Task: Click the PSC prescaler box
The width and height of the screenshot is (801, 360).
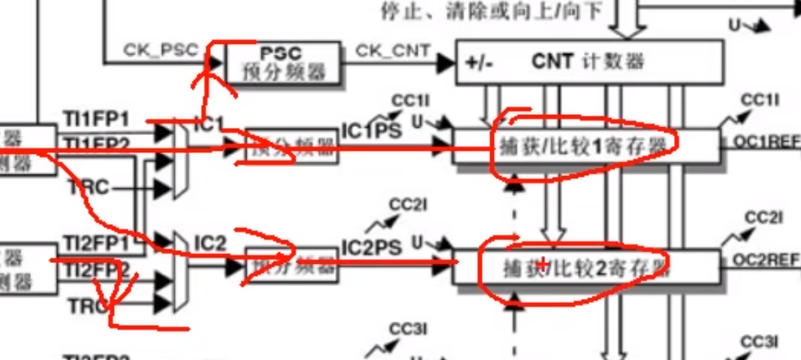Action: (x=282, y=63)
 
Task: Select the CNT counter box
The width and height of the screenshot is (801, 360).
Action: (x=589, y=61)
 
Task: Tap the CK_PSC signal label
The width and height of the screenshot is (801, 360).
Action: (x=160, y=50)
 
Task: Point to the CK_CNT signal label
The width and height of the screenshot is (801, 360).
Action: (x=392, y=50)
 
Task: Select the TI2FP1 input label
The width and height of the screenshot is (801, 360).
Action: (x=96, y=244)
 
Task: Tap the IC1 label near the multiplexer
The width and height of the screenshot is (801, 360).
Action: (x=208, y=125)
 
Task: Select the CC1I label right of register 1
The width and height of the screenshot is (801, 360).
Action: (x=760, y=100)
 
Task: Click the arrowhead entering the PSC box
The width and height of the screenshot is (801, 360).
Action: (x=217, y=62)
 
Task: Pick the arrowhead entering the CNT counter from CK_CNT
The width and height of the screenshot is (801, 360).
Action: (x=445, y=62)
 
